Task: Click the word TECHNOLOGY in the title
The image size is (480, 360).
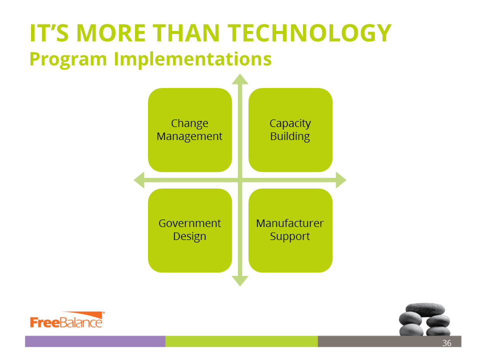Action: tap(309, 33)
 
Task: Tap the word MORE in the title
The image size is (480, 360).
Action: tap(111, 33)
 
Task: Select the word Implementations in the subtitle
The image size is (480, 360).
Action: tap(192, 59)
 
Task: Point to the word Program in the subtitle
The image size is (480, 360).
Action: tap(68, 59)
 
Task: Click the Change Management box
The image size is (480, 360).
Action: tap(190, 130)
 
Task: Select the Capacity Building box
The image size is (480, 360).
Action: tap(290, 130)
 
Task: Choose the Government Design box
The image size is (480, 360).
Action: tap(190, 230)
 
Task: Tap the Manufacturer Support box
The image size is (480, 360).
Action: tap(290, 230)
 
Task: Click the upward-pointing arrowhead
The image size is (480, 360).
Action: tap(240, 79)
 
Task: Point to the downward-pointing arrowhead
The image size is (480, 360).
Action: tap(240, 281)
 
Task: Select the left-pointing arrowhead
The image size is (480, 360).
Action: tap(139, 180)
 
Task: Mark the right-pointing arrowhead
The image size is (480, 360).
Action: tap(341, 180)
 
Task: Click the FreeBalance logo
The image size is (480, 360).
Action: tap(67, 320)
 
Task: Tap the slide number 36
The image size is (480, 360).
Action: tap(446, 343)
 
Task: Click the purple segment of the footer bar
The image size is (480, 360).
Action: tap(95, 341)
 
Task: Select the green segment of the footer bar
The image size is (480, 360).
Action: tap(241, 341)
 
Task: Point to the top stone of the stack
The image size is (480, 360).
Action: tap(425, 309)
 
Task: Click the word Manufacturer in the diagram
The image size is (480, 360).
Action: tap(289, 223)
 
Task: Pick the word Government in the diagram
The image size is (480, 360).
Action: tap(189, 223)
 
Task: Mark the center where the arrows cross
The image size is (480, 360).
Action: tap(240, 180)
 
